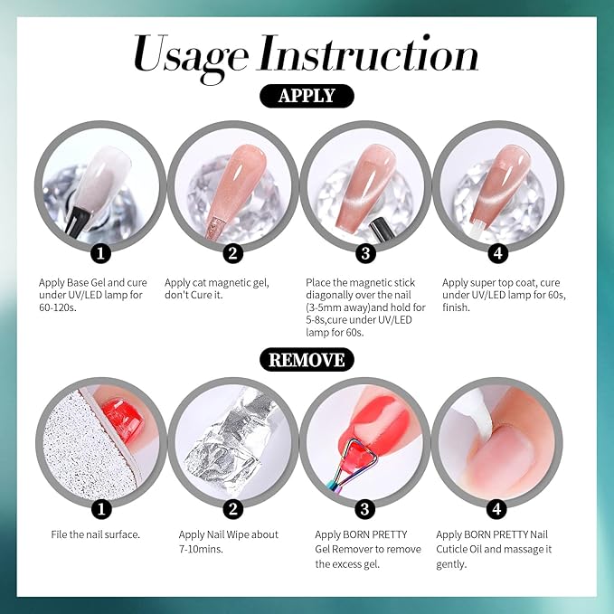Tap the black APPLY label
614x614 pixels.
point(307,97)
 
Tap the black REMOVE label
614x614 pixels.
point(307,359)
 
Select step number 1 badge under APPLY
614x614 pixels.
point(102,250)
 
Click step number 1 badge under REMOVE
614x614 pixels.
point(102,508)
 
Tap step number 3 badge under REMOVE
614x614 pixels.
point(364,508)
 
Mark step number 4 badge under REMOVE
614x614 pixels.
point(496,508)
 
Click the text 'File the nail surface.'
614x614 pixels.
point(95,534)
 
